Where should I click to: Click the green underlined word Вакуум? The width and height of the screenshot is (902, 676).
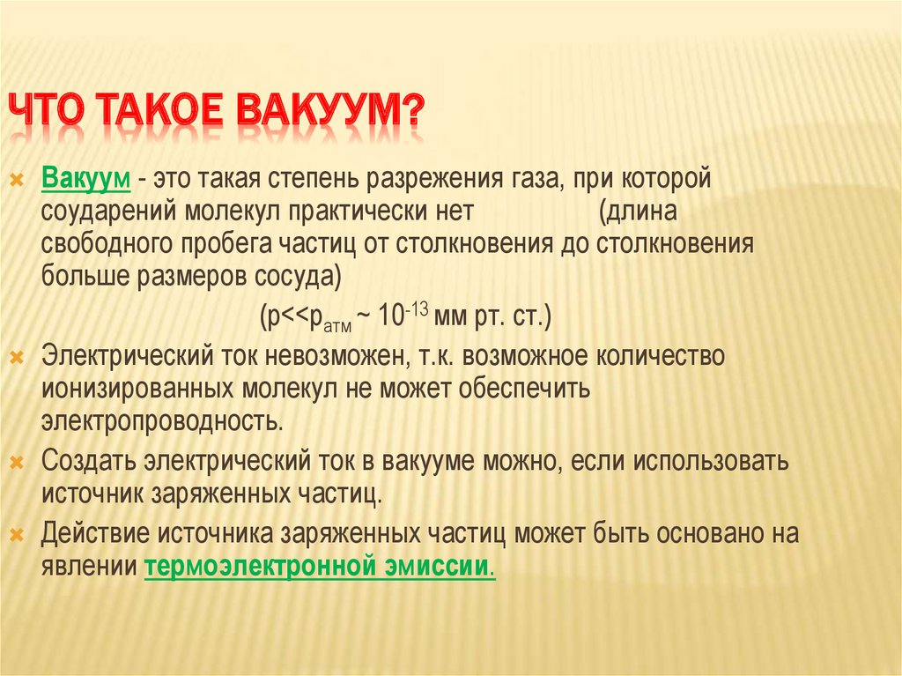[x=85, y=179]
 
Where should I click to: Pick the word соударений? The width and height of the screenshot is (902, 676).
[x=108, y=212]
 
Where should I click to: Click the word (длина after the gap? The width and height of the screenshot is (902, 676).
[x=638, y=212]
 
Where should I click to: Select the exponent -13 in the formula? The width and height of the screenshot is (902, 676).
[x=417, y=310]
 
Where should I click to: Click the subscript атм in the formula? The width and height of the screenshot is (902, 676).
[x=337, y=327]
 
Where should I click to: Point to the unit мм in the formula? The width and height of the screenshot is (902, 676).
[x=450, y=317]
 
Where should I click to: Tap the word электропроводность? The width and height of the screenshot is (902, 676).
[x=162, y=421]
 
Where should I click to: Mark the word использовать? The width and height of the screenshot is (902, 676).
[x=712, y=461]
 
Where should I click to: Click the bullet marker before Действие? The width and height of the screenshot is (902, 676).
[x=18, y=536]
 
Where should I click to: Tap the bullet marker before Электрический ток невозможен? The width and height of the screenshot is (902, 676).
[x=18, y=358]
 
